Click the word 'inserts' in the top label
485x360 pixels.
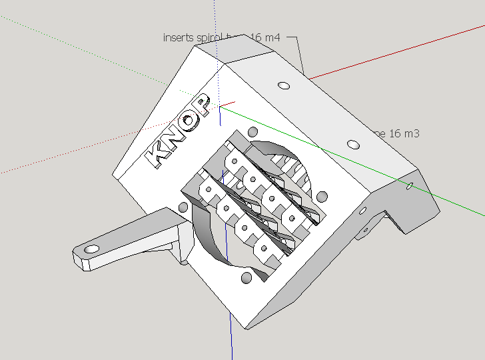tap(178, 37)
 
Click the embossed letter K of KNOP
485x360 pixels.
tap(160, 153)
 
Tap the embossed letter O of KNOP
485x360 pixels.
tap(193, 120)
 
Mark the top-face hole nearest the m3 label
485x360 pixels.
tap(354, 143)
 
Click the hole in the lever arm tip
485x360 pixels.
tap(91, 249)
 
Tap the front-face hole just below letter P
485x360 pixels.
tap(252, 130)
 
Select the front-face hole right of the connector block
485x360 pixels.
tap(322, 196)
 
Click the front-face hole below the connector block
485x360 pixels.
tap(246, 277)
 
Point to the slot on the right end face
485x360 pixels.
tap(410, 187)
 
